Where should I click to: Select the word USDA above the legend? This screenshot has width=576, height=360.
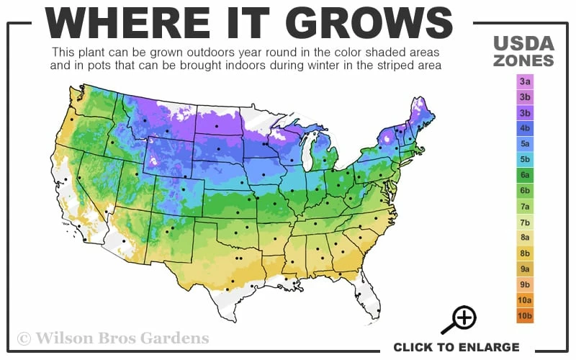click(523, 42)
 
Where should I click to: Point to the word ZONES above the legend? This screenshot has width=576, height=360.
click(523, 60)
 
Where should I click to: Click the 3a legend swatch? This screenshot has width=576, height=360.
click(525, 81)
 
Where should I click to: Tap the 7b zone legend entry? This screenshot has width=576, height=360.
click(525, 222)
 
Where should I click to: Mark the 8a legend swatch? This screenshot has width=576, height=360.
click(525, 238)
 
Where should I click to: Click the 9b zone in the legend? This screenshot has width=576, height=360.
click(525, 284)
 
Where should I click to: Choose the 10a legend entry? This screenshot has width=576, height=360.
click(525, 300)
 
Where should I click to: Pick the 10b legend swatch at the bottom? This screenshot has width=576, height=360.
click(525, 315)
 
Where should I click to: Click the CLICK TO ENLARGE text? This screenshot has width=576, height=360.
click(456, 347)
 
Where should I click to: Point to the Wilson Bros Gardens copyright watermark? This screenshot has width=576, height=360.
click(113, 337)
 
